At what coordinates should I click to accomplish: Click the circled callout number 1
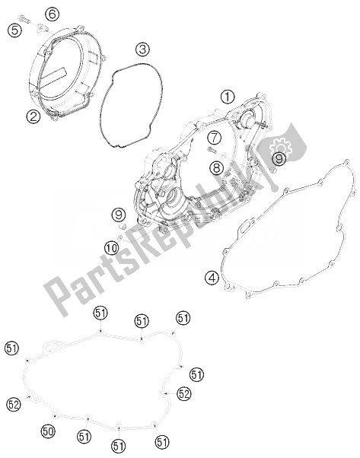point(228,97)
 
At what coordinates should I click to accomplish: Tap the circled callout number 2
point(33,117)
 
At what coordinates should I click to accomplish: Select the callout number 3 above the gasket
point(142,50)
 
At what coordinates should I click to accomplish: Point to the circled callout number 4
point(212,278)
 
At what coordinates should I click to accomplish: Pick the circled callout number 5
point(15,30)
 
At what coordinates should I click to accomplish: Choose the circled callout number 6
point(53,14)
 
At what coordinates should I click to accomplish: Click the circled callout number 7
point(215,138)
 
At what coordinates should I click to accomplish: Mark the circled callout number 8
point(216,167)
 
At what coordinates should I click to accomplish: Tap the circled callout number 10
point(111,249)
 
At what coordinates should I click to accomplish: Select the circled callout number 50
point(48,431)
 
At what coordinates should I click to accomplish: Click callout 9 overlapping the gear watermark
point(279,159)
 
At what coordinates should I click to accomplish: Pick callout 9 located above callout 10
point(119,215)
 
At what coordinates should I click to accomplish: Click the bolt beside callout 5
point(25,19)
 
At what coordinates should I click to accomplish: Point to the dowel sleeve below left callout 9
point(123,227)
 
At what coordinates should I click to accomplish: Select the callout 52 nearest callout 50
point(14,404)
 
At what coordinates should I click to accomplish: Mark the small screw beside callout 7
point(211,150)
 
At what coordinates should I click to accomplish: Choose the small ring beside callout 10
point(119,239)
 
